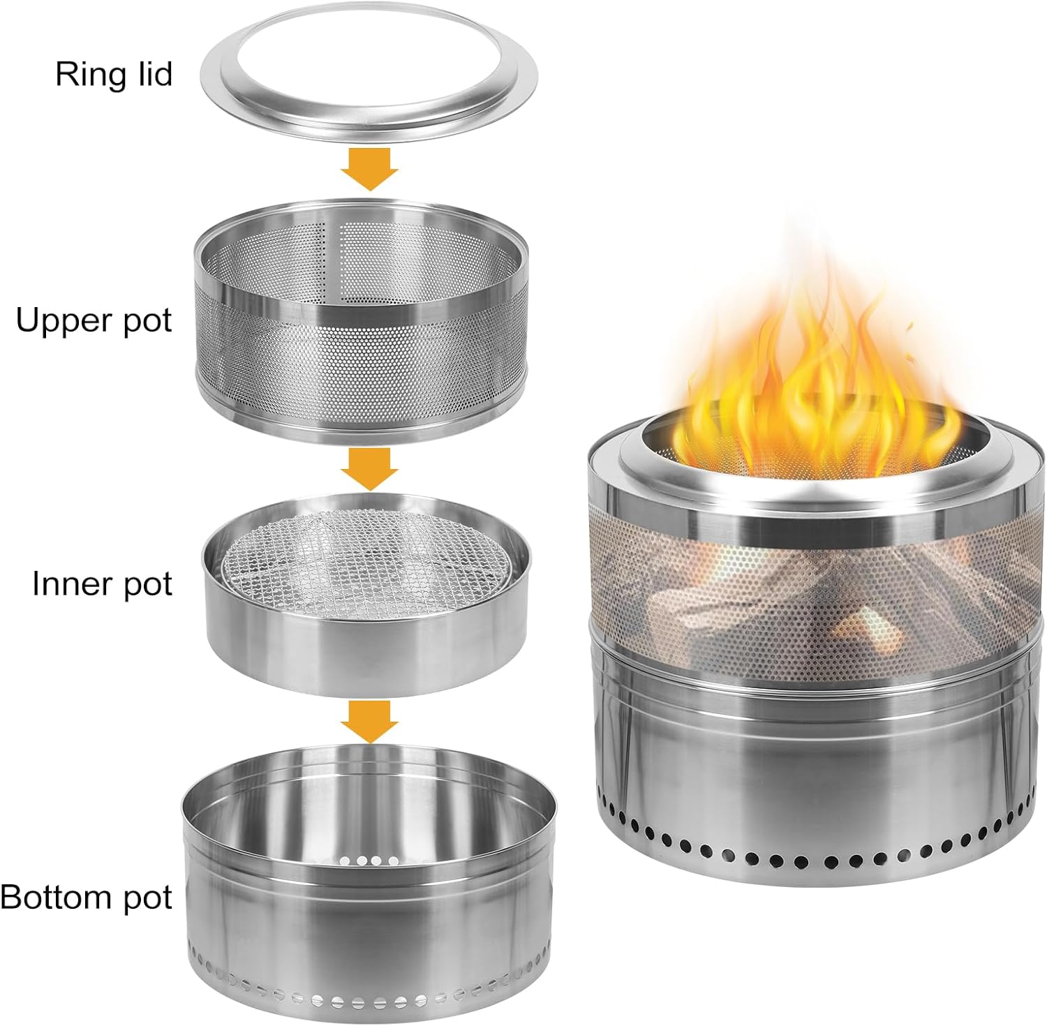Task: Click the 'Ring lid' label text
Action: point(114,74)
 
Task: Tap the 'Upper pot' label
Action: point(94,320)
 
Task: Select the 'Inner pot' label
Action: point(102,583)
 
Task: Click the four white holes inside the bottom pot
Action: point(369,860)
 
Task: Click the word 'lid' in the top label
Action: point(153,74)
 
